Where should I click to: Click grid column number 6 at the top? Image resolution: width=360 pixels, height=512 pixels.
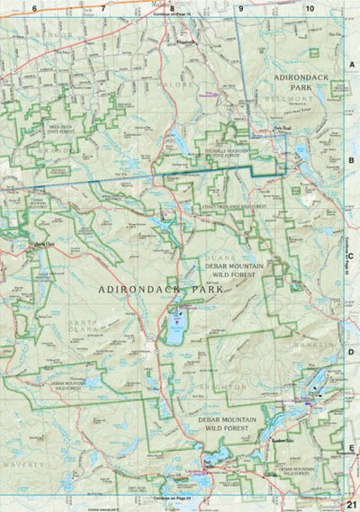coord(34,8)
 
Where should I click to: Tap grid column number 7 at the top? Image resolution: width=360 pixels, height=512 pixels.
coord(103,8)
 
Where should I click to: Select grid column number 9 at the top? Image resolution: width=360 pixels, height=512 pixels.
coord(241,8)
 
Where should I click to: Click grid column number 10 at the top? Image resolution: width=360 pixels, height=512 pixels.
coord(310,8)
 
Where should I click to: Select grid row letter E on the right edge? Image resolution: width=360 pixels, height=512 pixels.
coord(352,447)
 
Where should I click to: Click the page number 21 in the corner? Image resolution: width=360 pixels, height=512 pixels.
coord(351,504)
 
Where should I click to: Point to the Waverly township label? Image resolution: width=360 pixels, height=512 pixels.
coord(25,463)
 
